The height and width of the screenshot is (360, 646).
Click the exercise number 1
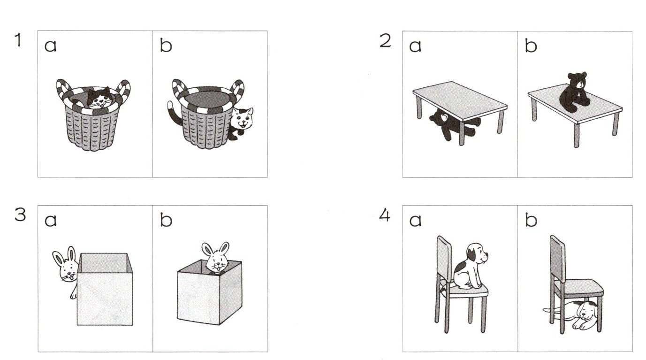click(18, 40)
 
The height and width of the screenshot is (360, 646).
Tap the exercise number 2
click(385, 41)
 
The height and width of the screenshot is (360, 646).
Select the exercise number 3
click(20, 215)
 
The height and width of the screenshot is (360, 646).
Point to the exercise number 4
click(384, 215)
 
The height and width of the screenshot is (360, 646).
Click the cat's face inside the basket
click(99, 98)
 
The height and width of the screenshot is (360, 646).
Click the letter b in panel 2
click(531, 46)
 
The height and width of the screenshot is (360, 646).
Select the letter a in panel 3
click(51, 221)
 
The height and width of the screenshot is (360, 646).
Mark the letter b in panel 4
click(531, 220)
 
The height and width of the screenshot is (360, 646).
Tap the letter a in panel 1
click(51, 46)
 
